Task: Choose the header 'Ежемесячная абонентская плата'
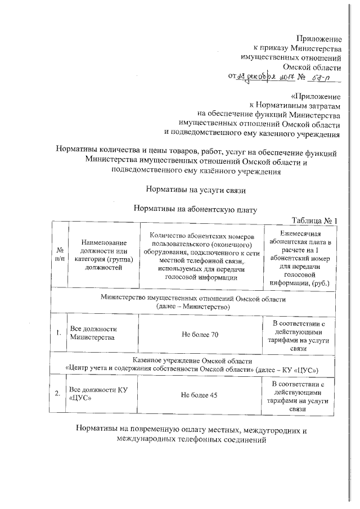coord(301,255)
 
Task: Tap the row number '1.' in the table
coord(58,334)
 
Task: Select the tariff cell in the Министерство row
coord(301,336)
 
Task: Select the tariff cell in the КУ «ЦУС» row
coord(301,397)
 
